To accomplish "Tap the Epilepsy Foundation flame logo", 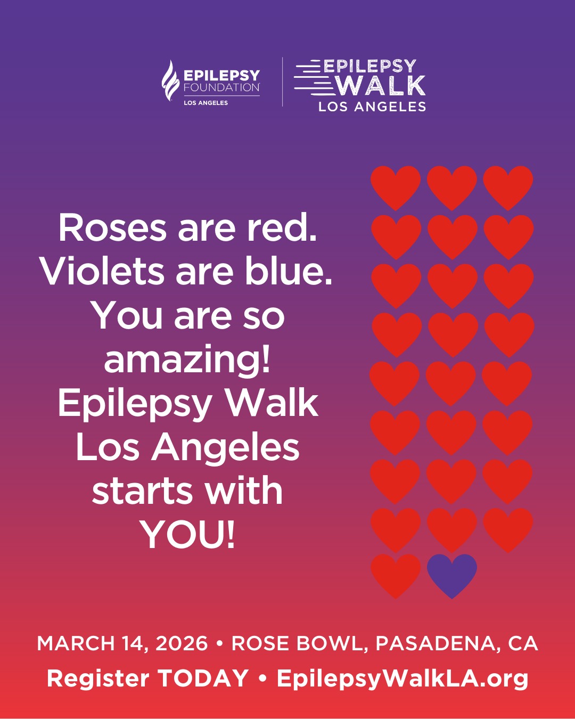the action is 170,80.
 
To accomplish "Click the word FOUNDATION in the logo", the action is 222,87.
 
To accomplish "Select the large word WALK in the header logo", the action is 381,86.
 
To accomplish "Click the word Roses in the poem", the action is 112,228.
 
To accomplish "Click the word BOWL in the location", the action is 329,644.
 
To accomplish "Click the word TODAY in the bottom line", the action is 203,678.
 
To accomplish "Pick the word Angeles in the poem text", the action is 225,450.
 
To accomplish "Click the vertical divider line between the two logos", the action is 282,82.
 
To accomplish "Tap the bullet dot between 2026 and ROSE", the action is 219,643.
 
